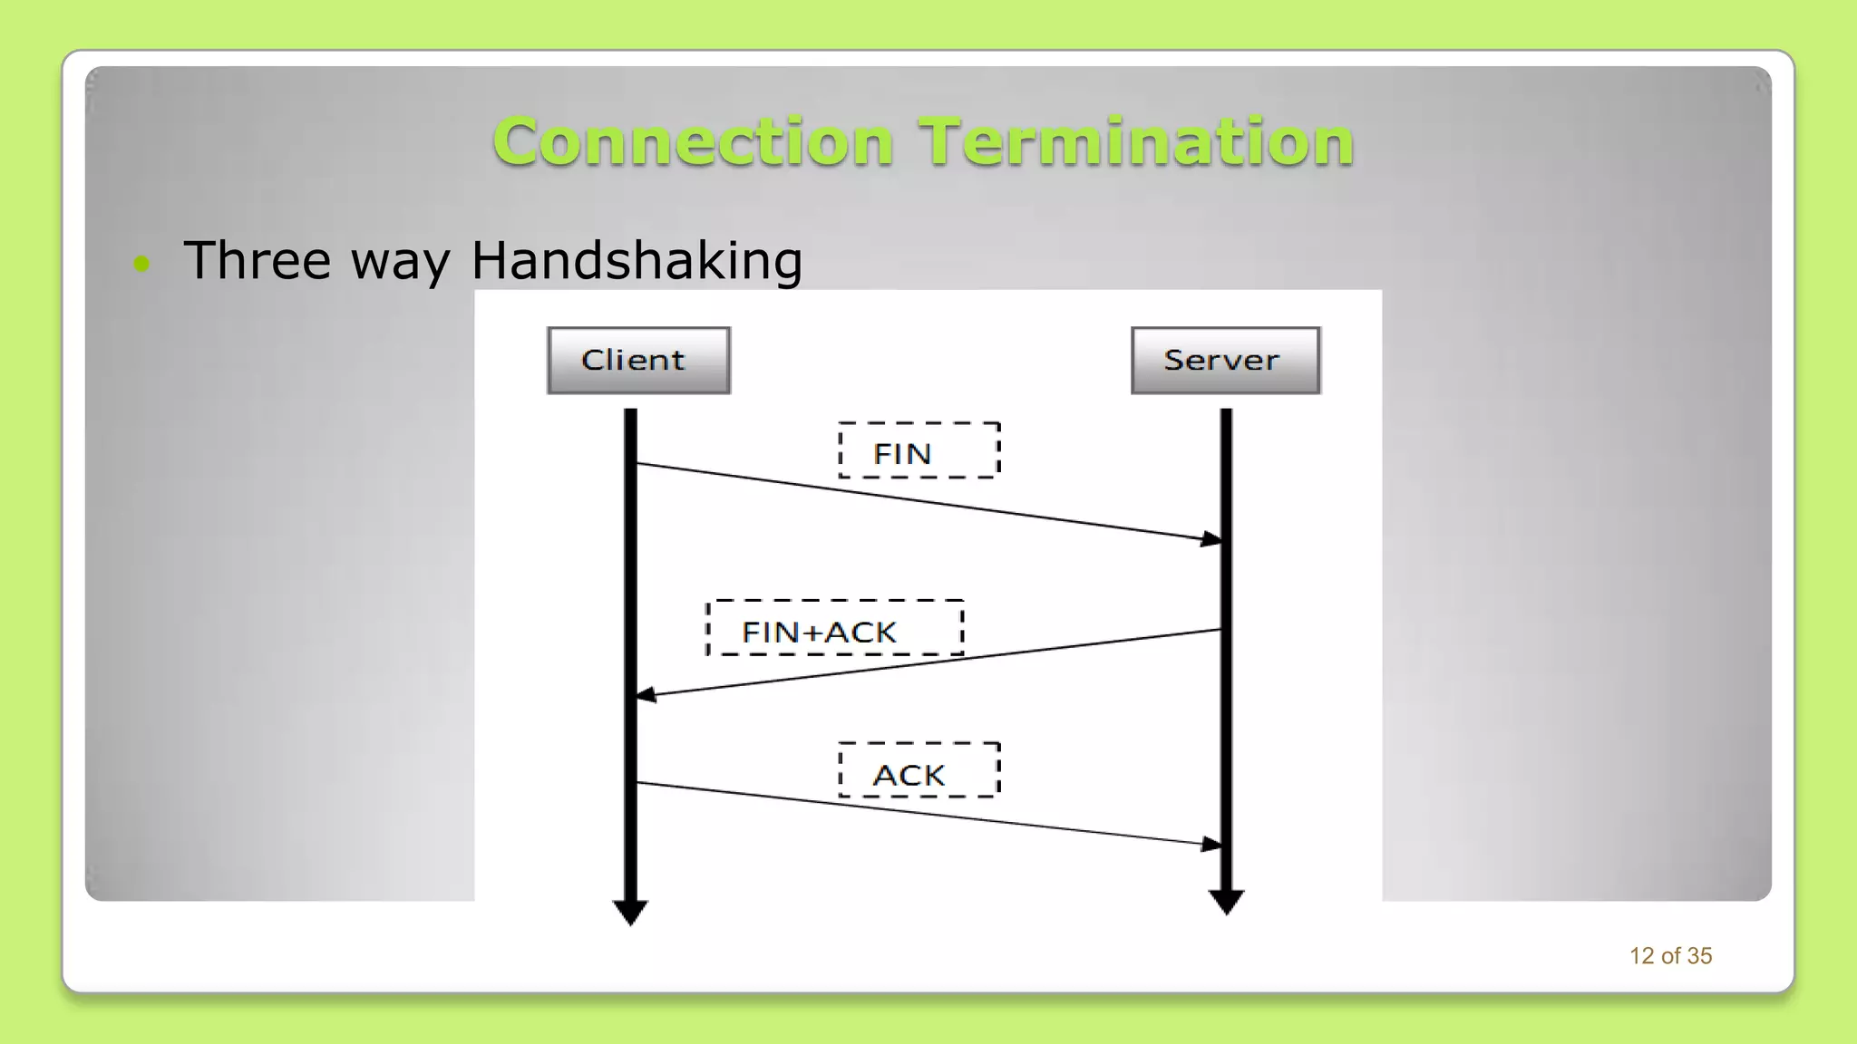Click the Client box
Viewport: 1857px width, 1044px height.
click(x=638, y=360)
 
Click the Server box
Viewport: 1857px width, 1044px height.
click(x=1225, y=360)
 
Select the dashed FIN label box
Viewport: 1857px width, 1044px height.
click(x=919, y=450)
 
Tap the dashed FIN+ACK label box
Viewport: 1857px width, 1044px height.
click(x=834, y=628)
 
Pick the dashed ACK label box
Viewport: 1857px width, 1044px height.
click(x=919, y=771)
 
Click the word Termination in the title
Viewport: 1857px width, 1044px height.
click(x=1136, y=142)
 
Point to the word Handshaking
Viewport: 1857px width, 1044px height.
click(x=637, y=261)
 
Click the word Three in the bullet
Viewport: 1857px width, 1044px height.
click(x=258, y=261)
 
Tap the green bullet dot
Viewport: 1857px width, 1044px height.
click(x=141, y=264)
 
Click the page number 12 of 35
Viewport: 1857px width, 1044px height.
click(x=1670, y=956)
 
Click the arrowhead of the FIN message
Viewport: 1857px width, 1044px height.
click(x=1211, y=539)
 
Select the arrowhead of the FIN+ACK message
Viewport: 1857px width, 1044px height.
click(x=646, y=695)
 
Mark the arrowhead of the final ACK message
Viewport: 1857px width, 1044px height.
click(x=1211, y=844)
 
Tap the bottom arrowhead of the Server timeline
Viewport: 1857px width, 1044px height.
click(x=1226, y=902)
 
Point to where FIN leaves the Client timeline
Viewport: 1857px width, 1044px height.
click(x=637, y=464)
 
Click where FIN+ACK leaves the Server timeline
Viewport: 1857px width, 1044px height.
click(x=1220, y=630)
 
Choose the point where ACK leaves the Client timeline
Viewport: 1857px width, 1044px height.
click(x=637, y=782)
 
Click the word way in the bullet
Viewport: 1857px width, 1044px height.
click(x=400, y=263)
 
